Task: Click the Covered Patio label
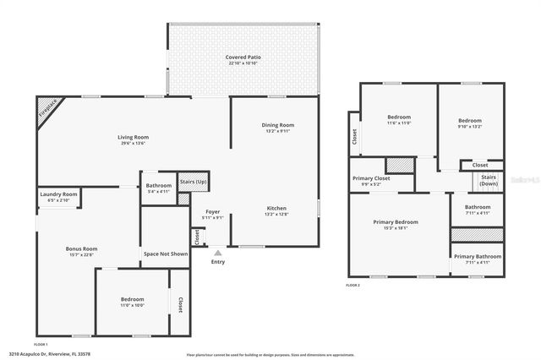click(x=243, y=57)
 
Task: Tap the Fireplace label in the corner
click(x=48, y=111)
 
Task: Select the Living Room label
click(x=133, y=137)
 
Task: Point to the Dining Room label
click(x=277, y=125)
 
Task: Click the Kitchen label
click(x=277, y=208)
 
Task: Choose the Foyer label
click(x=212, y=211)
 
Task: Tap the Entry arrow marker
click(x=218, y=251)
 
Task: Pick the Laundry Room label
click(x=58, y=194)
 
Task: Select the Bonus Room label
click(x=82, y=248)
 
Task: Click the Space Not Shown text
click(x=166, y=254)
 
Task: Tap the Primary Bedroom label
click(x=396, y=221)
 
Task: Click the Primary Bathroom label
click(x=477, y=257)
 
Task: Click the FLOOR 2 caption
click(x=352, y=286)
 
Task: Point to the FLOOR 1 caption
click(x=40, y=345)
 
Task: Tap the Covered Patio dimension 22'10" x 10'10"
click(x=243, y=63)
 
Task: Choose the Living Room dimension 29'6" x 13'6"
click(x=133, y=144)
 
